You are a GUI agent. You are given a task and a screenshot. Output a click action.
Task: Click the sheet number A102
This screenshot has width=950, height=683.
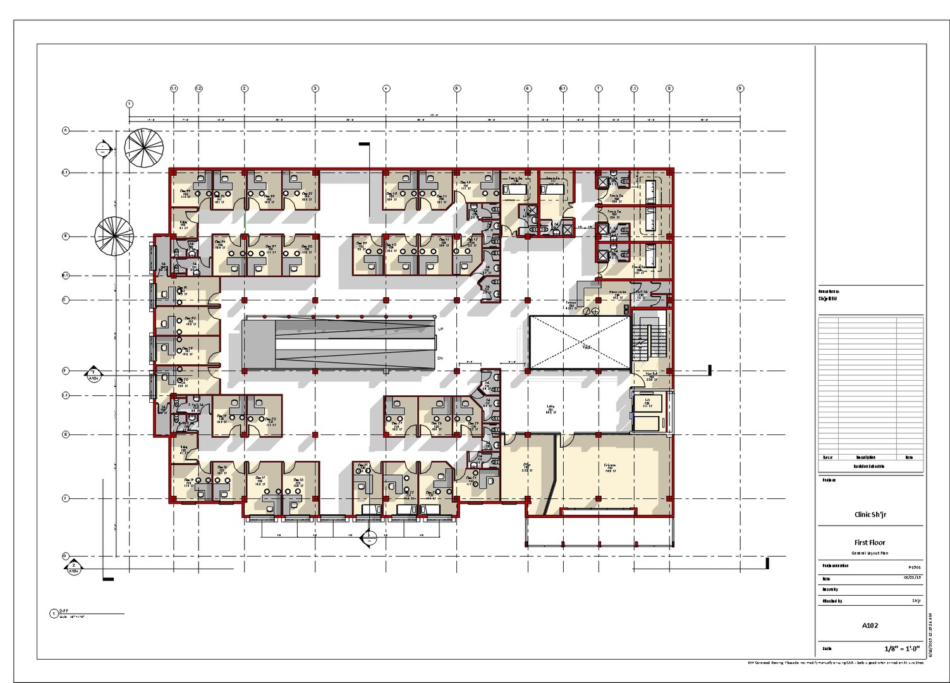click(x=870, y=625)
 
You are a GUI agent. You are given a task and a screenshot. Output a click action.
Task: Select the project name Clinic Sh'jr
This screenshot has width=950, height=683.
click(x=870, y=515)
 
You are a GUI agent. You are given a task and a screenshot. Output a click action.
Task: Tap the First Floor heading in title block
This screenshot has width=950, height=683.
click(x=870, y=543)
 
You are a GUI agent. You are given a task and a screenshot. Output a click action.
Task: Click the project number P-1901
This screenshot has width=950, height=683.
click(x=915, y=567)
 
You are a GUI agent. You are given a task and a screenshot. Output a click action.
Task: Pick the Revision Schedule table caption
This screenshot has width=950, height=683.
click(x=870, y=467)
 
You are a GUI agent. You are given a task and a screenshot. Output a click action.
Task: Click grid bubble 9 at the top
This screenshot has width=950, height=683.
click(x=740, y=89)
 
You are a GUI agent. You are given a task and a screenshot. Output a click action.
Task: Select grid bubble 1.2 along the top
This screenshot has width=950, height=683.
click(x=198, y=89)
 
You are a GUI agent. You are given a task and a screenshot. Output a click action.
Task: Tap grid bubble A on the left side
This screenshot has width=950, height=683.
click(x=65, y=131)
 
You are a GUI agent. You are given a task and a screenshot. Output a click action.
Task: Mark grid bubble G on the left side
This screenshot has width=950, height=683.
click(x=65, y=557)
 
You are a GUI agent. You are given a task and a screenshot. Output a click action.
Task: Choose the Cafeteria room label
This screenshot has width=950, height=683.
click(x=610, y=467)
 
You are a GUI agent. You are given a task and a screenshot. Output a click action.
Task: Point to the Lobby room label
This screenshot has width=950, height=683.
click(x=551, y=409)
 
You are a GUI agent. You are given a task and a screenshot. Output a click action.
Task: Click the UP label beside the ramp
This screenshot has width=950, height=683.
click(x=441, y=329)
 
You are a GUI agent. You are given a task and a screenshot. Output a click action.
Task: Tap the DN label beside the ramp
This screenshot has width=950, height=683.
click(x=441, y=358)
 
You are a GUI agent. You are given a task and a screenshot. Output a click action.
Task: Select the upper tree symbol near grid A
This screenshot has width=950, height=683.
click(x=144, y=148)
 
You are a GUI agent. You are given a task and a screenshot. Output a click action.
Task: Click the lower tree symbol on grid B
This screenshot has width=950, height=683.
click(x=114, y=237)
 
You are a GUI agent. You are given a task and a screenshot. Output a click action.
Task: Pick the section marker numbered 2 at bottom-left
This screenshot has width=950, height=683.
click(x=74, y=566)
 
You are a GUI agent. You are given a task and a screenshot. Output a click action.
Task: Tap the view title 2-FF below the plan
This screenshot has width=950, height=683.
click(x=63, y=612)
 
